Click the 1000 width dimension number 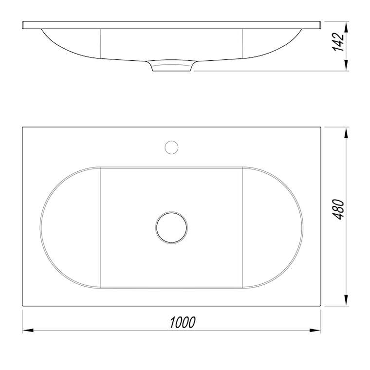(x=183, y=322)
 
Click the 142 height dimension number (x=338, y=42)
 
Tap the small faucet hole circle (x=171, y=148)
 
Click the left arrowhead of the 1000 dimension (x=28, y=330)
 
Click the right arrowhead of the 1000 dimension (x=315, y=330)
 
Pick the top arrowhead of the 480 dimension (x=346, y=132)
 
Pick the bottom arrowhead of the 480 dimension (x=346, y=300)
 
